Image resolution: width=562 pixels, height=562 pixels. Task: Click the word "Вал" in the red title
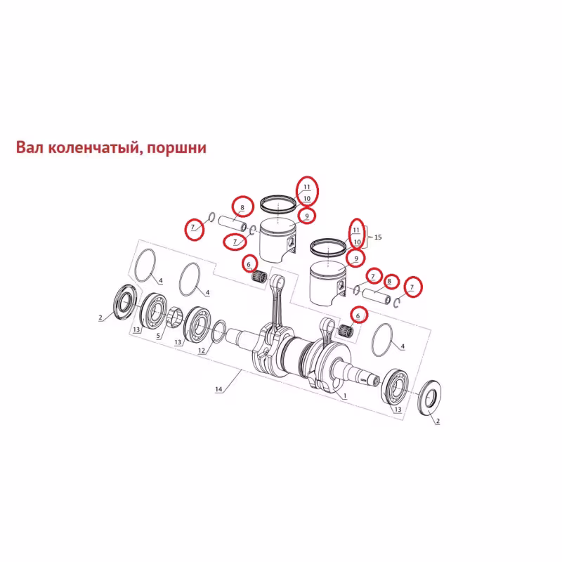[x=30, y=148]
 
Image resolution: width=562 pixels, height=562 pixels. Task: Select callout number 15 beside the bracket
[x=378, y=237]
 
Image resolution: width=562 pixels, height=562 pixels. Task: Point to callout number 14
[x=218, y=389]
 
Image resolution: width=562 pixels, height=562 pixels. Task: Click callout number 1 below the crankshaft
[x=345, y=396]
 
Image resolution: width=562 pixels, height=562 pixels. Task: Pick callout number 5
[x=158, y=336]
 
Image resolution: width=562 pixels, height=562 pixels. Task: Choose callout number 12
[x=202, y=350]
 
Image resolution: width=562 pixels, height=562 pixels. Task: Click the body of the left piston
[x=277, y=240]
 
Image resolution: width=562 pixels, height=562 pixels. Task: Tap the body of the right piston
[x=327, y=284]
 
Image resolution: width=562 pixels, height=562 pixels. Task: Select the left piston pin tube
[x=233, y=223]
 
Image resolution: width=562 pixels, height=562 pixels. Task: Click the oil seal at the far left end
[x=125, y=301]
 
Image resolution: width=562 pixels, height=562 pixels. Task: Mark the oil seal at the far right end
[x=430, y=398]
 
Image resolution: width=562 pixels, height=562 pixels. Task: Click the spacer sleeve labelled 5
[x=174, y=317]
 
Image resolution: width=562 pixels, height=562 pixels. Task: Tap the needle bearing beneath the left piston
[x=259, y=277]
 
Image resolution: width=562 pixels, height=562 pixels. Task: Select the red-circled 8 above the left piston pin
[x=242, y=207]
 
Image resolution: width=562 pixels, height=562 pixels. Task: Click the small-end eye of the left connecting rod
[x=278, y=282]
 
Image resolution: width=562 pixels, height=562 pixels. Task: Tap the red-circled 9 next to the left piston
[x=307, y=216]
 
